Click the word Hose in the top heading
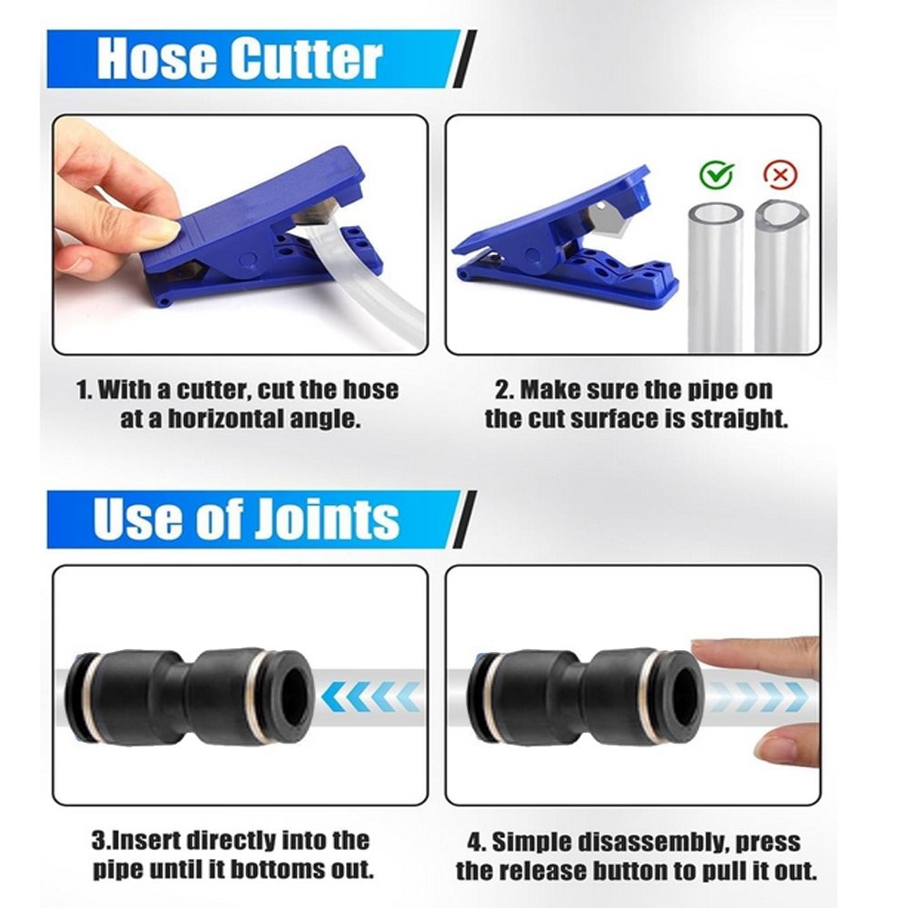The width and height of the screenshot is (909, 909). coord(156,58)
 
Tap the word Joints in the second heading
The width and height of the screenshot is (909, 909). coord(327,518)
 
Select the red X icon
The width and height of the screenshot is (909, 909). coord(780,174)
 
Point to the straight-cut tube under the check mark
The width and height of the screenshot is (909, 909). coord(716,277)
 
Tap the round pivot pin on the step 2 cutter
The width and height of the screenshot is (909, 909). coord(533,256)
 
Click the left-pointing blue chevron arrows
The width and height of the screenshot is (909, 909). coord(371,696)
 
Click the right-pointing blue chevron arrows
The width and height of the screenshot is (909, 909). coord(756,695)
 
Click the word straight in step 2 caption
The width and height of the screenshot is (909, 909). coord(739,420)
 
